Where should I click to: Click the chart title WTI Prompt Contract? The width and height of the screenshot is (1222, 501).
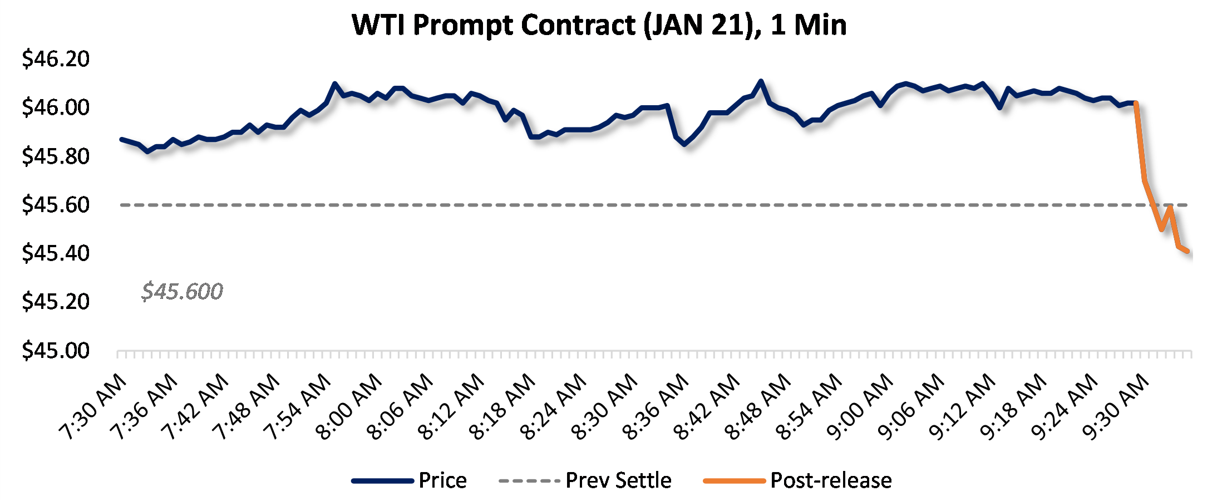click(599, 25)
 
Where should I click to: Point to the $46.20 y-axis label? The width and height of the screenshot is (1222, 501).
click(56, 58)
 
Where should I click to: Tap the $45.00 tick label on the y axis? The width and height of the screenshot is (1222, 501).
click(56, 350)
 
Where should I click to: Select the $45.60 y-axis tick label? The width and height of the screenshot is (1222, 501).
click(56, 204)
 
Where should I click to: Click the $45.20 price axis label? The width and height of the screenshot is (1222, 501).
click(56, 301)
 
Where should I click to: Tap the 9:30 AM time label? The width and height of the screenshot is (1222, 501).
click(1116, 406)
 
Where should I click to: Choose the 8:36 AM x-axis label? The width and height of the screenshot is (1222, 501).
click(656, 406)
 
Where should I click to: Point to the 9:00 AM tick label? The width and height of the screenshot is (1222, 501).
click(860, 406)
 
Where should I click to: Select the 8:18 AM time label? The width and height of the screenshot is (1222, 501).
click(502, 406)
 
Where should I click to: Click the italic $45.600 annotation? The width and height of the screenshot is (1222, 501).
click(182, 291)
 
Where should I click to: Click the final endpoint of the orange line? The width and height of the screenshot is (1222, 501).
click(1188, 252)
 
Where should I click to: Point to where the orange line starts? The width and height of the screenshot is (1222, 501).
click(1136, 103)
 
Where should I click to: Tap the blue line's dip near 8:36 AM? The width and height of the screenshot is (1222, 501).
click(684, 144)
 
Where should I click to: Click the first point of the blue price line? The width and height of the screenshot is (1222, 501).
click(121, 139)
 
